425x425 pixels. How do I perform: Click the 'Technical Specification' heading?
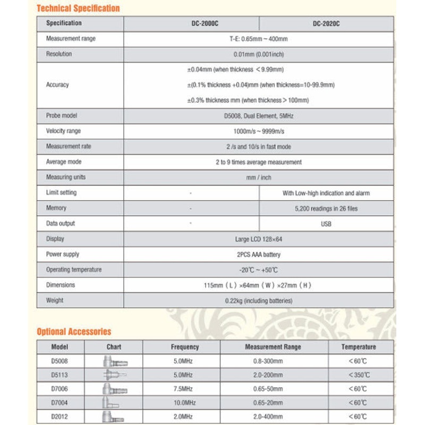tap(78, 8)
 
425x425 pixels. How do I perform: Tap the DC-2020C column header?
tap(326, 23)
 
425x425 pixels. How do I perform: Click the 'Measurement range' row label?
tap(71, 39)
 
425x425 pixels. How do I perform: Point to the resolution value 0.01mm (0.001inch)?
tap(259, 54)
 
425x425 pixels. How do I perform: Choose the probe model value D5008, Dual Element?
tap(259, 116)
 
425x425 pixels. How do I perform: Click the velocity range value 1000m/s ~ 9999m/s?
tap(259, 131)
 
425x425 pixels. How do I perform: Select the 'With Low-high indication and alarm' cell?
tap(326, 193)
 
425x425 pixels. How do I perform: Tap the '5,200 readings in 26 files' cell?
tap(326, 208)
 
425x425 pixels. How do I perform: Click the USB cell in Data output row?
tap(326, 224)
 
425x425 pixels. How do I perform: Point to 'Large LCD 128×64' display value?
tap(259, 239)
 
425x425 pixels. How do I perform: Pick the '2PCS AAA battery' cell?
tap(259, 254)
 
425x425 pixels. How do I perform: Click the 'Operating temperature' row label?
tap(74, 270)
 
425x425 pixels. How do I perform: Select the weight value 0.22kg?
tap(259, 301)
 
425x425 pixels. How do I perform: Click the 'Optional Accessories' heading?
tap(74, 331)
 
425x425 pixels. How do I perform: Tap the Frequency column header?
tap(185, 347)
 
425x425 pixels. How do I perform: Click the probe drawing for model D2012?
tap(114, 416)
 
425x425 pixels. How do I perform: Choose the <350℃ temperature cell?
tap(359, 375)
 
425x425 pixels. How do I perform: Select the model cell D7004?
tap(60, 402)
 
